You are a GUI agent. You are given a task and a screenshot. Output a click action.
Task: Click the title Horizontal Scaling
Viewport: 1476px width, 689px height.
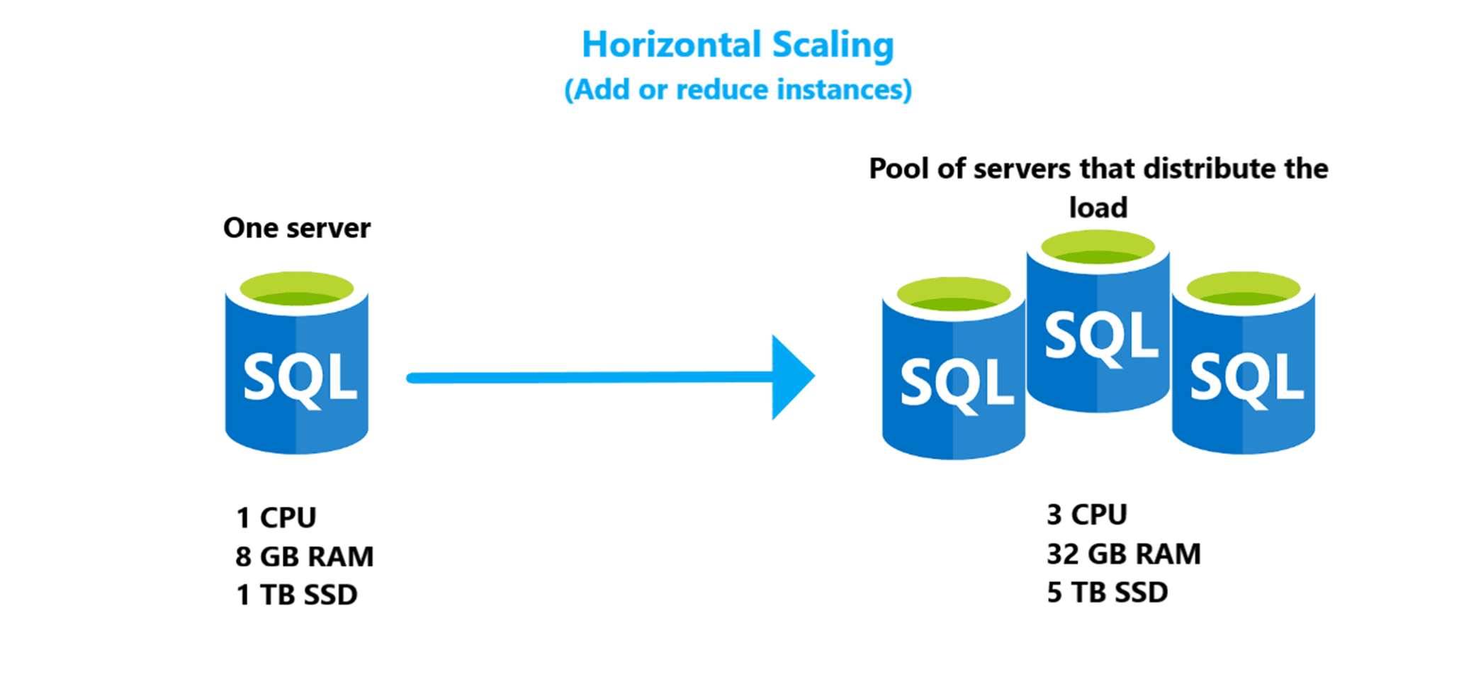(738, 45)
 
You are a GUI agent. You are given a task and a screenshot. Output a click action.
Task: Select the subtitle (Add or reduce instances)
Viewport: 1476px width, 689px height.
(738, 90)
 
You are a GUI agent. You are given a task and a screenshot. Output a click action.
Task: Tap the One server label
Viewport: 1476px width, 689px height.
(296, 228)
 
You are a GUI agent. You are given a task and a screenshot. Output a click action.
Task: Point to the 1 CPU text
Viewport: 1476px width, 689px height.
(276, 517)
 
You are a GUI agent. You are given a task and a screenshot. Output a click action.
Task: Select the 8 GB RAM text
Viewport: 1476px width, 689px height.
(304, 556)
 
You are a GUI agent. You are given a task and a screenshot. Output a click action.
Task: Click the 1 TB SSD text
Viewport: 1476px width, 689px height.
(296, 595)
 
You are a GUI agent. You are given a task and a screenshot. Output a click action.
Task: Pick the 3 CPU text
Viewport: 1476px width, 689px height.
(1086, 515)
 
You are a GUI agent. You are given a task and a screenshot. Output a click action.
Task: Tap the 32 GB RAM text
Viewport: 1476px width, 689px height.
(1124, 554)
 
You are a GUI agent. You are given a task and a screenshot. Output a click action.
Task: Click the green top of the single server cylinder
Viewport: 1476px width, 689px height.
(296, 289)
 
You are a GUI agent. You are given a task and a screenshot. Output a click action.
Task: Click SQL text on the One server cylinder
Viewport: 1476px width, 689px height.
(299, 379)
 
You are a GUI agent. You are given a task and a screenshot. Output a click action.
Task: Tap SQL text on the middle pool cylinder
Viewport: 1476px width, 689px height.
(1100, 337)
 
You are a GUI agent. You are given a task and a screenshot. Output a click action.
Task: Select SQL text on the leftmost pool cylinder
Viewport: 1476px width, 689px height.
(956, 383)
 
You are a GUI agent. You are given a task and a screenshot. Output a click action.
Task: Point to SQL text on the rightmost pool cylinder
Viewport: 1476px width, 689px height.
(1246, 379)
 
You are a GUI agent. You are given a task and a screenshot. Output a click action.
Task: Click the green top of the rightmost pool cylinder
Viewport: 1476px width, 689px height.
(1243, 289)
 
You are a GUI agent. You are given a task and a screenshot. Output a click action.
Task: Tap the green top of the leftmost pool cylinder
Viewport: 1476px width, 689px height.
(953, 295)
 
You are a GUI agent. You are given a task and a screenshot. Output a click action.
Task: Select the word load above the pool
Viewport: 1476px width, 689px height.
(1098, 208)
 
